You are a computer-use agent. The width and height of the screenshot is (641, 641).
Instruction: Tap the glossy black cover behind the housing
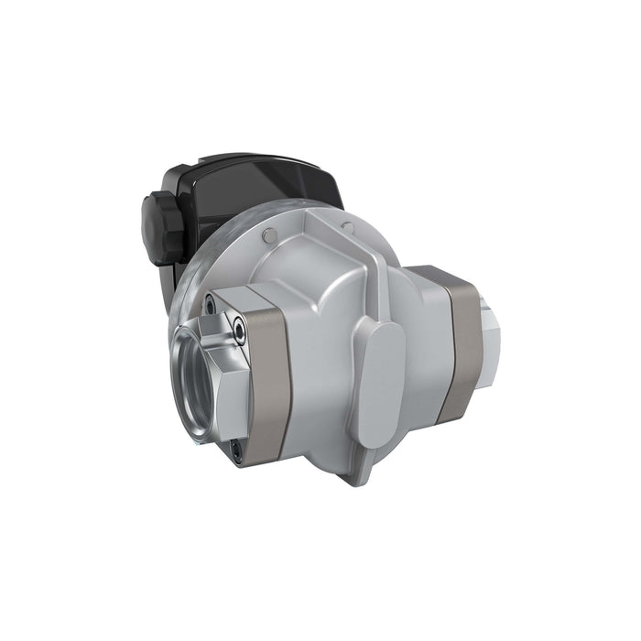pyautogui.click(x=266, y=188)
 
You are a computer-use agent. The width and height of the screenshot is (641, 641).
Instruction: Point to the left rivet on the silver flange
pyautogui.click(x=266, y=236)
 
